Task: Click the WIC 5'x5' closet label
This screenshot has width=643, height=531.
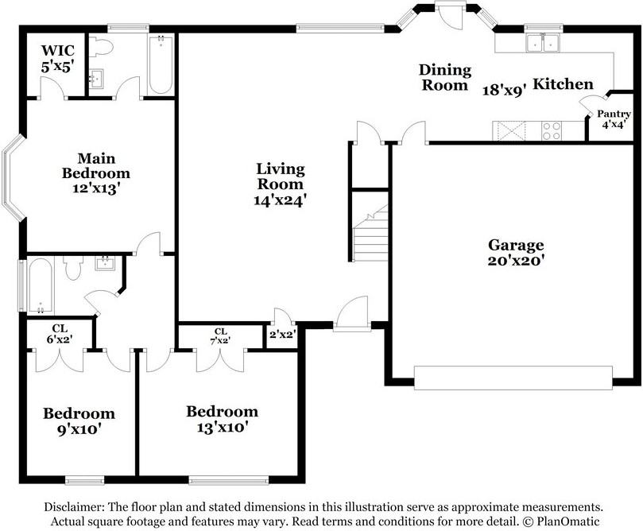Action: tap(58, 59)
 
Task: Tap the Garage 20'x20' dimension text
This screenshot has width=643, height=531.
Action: tap(516, 261)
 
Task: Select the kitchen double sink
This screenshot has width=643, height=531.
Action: tap(543, 43)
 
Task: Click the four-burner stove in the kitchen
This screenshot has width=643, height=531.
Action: tap(552, 131)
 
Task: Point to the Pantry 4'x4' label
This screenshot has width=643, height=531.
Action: tap(614, 119)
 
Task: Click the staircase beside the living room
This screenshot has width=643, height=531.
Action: tap(370, 233)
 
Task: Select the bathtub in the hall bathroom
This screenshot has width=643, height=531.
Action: tap(41, 285)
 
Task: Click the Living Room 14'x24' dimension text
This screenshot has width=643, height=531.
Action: tap(280, 200)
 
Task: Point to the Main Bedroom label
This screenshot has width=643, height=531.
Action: tap(96, 165)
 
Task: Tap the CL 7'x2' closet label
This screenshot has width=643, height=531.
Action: tap(220, 335)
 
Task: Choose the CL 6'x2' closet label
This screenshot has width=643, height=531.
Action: tap(60, 334)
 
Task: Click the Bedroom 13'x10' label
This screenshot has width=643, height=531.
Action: tap(223, 419)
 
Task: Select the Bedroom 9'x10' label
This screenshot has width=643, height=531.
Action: tap(79, 421)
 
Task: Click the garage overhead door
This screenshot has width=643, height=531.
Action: tap(513, 378)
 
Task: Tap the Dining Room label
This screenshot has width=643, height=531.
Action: tap(445, 77)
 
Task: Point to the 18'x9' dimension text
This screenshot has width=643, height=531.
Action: tap(504, 90)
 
